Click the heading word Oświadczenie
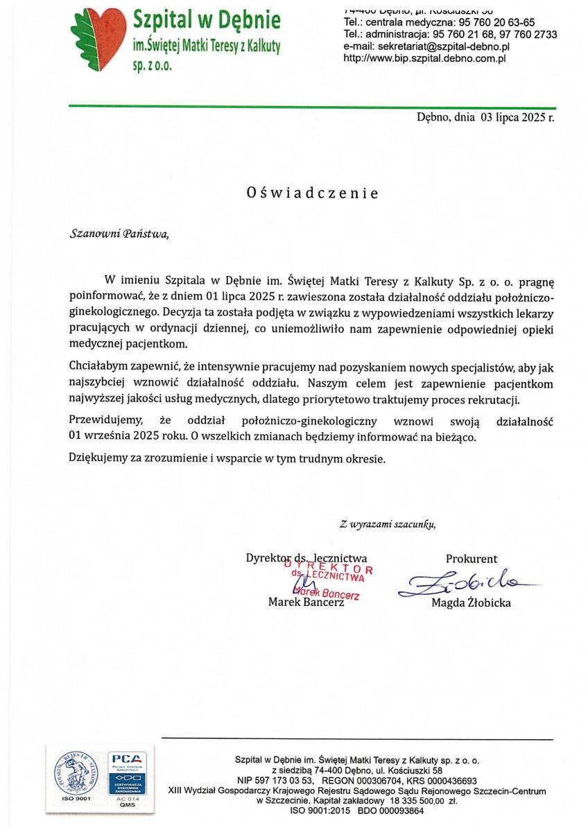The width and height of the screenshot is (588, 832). tap(312, 193)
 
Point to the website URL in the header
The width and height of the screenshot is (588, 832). tap(424, 58)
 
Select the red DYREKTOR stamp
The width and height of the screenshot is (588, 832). tap(329, 575)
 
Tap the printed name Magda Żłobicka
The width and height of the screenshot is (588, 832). tap(471, 603)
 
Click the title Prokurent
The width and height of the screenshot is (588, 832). tap(471, 559)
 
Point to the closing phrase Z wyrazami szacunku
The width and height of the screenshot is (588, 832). tap(388, 523)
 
